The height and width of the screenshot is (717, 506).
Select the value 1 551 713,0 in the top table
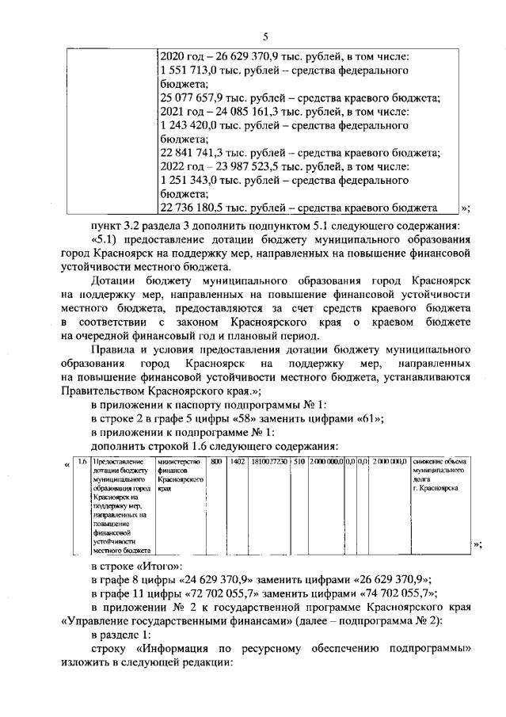click(189, 70)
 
